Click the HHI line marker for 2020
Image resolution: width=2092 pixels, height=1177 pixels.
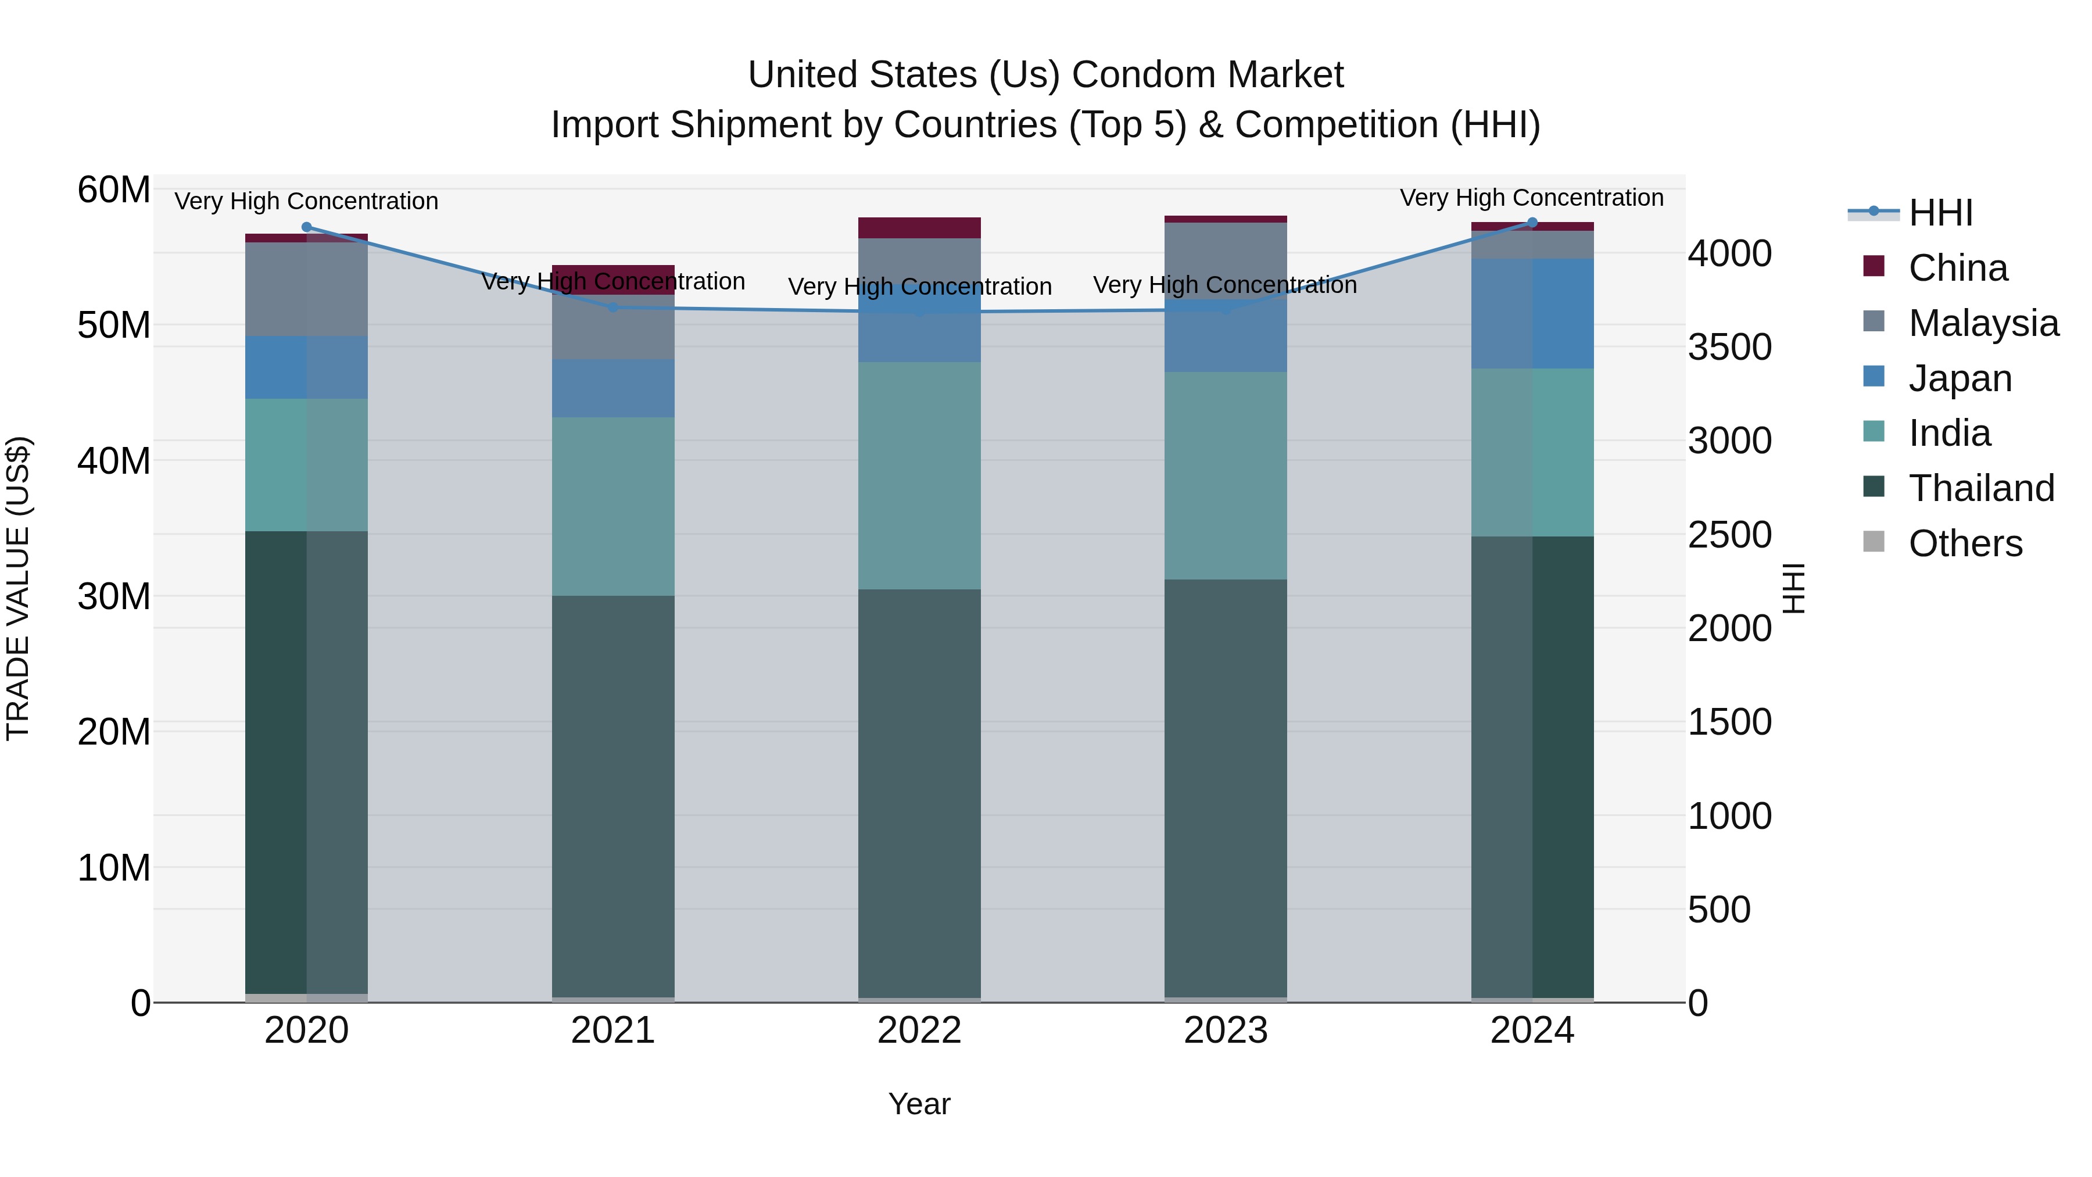pos(306,227)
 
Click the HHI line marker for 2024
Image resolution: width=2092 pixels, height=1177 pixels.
pos(1532,223)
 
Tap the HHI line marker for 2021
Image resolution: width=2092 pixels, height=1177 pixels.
pos(613,307)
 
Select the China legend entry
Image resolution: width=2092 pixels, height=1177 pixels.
pos(1957,268)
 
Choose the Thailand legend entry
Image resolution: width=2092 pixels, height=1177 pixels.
pos(1981,488)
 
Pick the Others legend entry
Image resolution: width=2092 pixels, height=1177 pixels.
pos(1965,543)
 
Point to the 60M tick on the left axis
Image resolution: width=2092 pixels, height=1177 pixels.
pos(114,190)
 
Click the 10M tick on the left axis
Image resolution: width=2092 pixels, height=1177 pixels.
pos(114,868)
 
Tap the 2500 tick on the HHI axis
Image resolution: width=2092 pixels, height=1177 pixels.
pos(1730,535)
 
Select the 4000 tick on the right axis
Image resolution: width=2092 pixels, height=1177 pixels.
pos(1730,253)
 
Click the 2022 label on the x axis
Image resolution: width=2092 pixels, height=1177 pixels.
pos(919,1030)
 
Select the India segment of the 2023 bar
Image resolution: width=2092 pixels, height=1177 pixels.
pos(1226,475)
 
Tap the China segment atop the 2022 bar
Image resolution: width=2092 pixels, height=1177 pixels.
pos(919,227)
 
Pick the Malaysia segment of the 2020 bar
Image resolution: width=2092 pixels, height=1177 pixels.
pos(306,289)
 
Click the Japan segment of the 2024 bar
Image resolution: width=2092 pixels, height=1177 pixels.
pos(1532,313)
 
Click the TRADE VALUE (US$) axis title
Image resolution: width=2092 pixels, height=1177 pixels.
pos(19,588)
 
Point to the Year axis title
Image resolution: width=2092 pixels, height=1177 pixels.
pos(919,1104)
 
